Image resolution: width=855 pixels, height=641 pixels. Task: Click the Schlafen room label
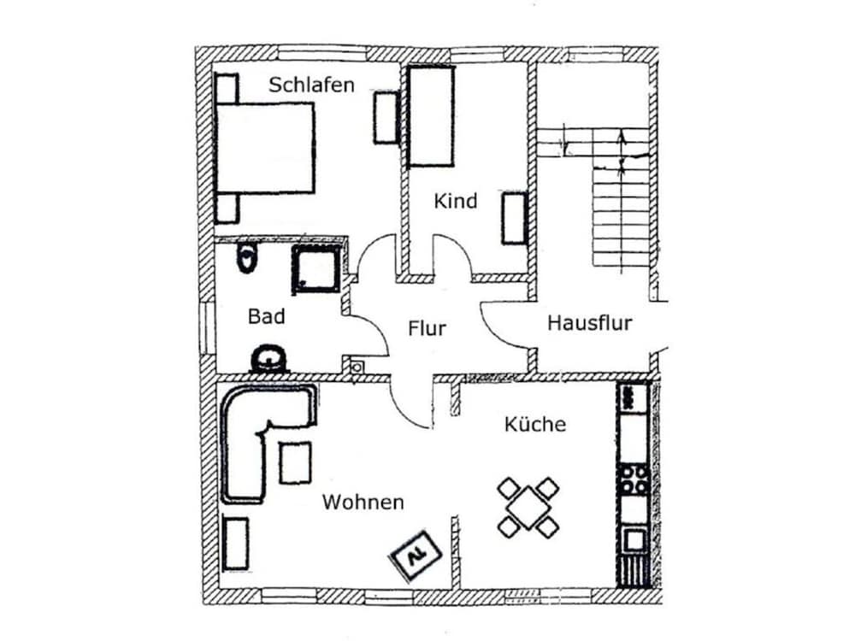tap(311, 85)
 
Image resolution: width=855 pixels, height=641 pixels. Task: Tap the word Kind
tap(456, 201)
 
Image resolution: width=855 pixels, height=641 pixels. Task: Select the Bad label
tap(266, 316)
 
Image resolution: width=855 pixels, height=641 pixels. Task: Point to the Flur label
tap(427, 328)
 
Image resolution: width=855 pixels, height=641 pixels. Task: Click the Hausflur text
tap(589, 323)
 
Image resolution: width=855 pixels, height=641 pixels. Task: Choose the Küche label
tap(535, 424)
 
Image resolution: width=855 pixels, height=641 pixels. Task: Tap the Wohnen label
tap(363, 502)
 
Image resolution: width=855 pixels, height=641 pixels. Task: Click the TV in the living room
tap(416, 556)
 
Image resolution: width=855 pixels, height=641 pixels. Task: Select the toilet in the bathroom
tap(246, 258)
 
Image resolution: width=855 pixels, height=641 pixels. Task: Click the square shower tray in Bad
tap(317, 269)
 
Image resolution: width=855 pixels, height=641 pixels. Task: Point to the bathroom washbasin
tap(268, 359)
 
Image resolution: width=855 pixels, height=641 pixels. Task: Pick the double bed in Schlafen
tap(266, 148)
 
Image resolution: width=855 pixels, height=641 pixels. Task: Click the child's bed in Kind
tap(431, 116)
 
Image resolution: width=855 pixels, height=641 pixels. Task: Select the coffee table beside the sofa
tap(295, 462)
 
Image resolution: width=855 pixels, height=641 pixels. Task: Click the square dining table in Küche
tap(528, 508)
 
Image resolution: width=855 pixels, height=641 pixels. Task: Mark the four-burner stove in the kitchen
tap(634, 479)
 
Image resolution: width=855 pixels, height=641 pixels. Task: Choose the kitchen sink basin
tap(634, 541)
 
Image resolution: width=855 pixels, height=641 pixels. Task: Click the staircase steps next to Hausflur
tap(621, 216)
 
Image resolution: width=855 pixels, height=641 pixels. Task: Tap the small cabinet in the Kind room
tap(514, 218)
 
